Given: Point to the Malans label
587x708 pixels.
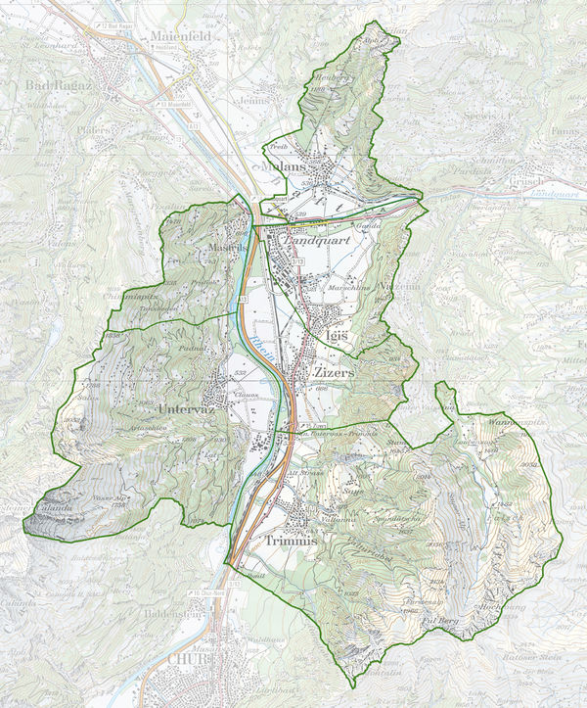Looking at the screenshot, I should [285, 166].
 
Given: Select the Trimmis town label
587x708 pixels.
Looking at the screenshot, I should [292, 539].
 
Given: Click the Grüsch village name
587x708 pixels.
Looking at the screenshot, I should [528, 181].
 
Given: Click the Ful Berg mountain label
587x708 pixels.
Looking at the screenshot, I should [438, 620].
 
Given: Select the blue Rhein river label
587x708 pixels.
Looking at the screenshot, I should [256, 342].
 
